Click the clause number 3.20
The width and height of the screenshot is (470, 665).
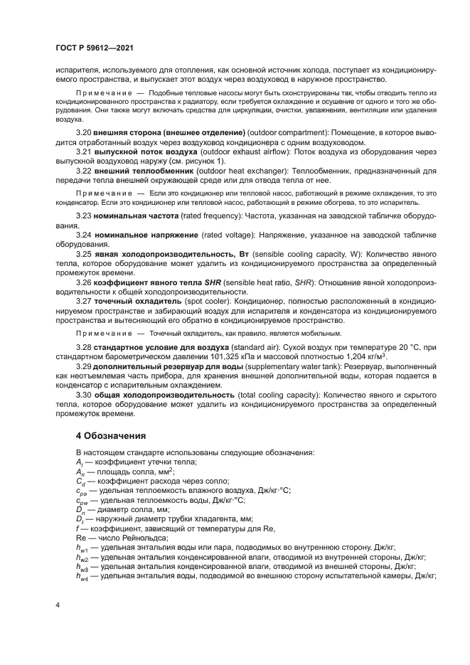(x=84, y=133)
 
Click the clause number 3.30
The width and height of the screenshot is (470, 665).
(x=84, y=394)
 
